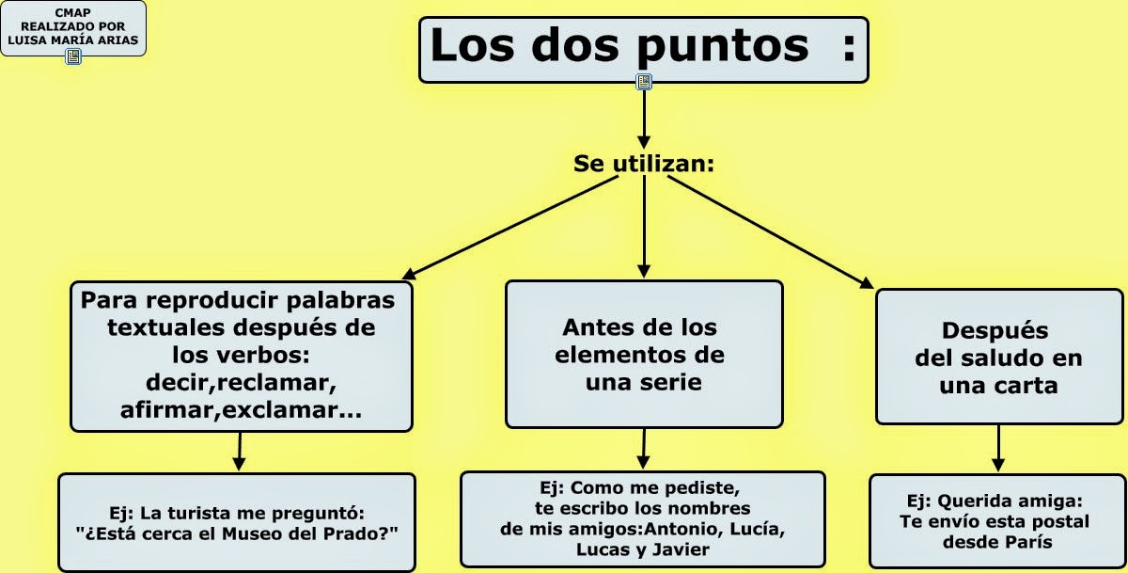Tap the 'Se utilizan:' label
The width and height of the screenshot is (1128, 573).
[x=644, y=164]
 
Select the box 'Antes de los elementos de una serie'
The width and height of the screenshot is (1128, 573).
[x=644, y=354]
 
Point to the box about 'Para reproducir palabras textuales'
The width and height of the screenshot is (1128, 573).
[x=241, y=355]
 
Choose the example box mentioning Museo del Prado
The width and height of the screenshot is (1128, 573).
[x=237, y=522]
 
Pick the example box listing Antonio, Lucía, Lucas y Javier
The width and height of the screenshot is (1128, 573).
[x=642, y=518]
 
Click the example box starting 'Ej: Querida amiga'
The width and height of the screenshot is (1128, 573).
[x=997, y=520]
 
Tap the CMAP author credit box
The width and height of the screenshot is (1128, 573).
[x=73, y=26]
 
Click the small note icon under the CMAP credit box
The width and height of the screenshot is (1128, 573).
[x=73, y=56]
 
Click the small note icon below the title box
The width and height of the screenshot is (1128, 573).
[x=644, y=82]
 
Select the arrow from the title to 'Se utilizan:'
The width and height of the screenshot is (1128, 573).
[x=644, y=118]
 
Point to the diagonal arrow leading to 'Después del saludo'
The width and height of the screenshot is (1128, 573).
[x=771, y=231]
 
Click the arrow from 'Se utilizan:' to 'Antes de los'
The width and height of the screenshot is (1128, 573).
[x=644, y=226]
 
